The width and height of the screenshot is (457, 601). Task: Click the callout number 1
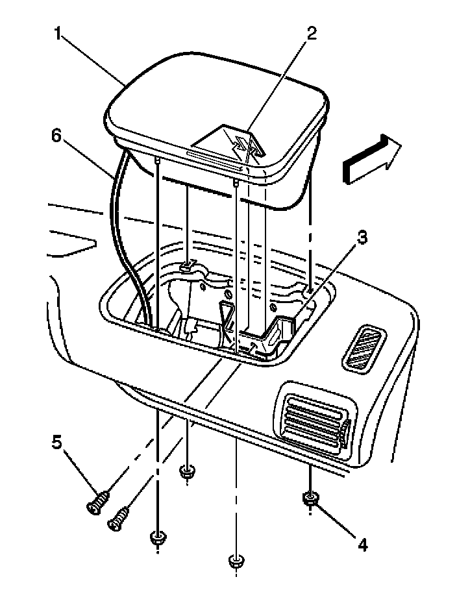point(58,34)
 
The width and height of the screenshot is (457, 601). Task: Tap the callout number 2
point(312,34)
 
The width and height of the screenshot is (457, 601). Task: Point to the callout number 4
point(362,544)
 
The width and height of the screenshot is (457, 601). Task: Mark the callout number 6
point(56,137)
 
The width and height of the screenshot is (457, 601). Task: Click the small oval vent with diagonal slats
point(362,348)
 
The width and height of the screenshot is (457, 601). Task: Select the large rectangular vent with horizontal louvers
point(314,420)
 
